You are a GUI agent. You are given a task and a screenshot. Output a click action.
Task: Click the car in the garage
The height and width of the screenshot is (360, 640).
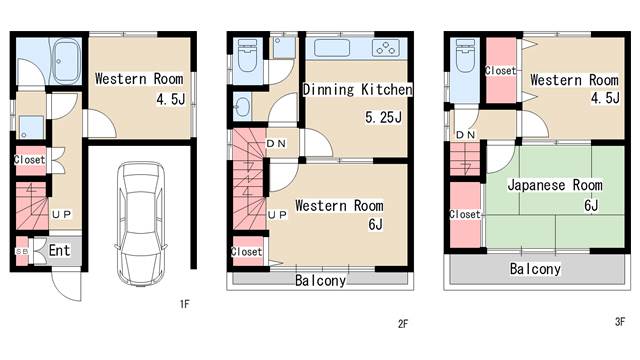click(x=142, y=224)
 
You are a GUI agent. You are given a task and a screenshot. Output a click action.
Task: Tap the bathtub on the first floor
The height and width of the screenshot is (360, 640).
click(x=67, y=61)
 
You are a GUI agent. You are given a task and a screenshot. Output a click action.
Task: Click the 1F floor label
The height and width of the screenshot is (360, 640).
click(x=184, y=304)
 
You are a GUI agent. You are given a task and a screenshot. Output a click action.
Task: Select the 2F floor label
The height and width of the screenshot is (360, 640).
click(x=402, y=324)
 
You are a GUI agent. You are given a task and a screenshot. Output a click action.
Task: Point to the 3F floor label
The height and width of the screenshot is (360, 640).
click(x=620, y=322)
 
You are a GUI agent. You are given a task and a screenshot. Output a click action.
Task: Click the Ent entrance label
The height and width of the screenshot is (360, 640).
click(x=60, y=250)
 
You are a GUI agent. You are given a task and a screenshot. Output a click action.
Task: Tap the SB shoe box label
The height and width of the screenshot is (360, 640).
click(x=22, y=251)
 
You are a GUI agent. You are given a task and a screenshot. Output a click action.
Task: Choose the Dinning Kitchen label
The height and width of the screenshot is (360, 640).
click(x=358, y=90)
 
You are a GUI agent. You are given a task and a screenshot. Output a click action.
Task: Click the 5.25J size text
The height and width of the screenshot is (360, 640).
click(x=383, y=118)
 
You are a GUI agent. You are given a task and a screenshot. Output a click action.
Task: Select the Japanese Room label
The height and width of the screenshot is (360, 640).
click(x=555, y=185)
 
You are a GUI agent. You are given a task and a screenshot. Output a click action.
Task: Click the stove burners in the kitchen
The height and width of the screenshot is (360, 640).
click(x=386, y=48)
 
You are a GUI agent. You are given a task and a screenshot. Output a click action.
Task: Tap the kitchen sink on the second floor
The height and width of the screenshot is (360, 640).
click(x=332, y=48)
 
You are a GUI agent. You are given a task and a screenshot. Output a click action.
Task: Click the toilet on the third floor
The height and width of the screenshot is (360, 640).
click(x=465, y=56)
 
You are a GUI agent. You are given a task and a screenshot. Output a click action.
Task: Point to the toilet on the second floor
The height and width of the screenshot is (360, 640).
click(x=247, y=56)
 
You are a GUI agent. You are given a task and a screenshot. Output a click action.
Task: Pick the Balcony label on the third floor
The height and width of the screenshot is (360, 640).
click(x=535, y=269)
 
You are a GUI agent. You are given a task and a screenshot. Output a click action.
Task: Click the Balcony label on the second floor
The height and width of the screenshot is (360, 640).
click(x=320, y=280)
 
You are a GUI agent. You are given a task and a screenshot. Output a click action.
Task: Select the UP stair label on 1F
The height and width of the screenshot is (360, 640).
click(x=62, y=214)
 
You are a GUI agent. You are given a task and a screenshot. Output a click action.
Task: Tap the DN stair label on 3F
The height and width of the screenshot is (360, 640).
click(x=465, y=134)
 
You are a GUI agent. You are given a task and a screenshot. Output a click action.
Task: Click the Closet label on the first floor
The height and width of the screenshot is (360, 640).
click(x=29, y=160)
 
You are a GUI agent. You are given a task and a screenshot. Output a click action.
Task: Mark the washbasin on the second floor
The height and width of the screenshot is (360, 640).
click(x=242, y=107)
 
